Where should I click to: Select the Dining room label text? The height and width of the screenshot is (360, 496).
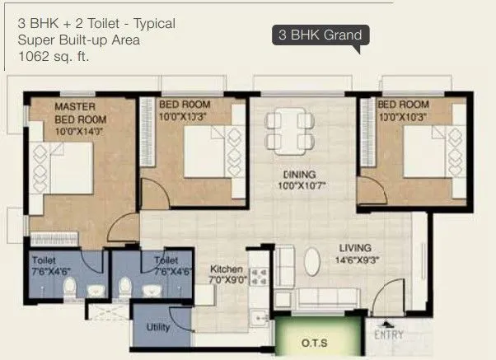tap(295, 175)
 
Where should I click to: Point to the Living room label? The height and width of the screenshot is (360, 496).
tap(354, 247)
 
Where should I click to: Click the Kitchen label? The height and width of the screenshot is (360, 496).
tap(225, 269)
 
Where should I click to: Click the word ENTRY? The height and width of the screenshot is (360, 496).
tap(388, 334)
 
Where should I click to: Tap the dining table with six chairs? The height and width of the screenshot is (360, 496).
tap(290, 129)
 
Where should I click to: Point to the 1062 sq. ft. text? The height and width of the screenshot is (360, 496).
tap(54, 57)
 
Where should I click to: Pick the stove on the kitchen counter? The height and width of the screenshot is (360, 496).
tap(260, 280)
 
